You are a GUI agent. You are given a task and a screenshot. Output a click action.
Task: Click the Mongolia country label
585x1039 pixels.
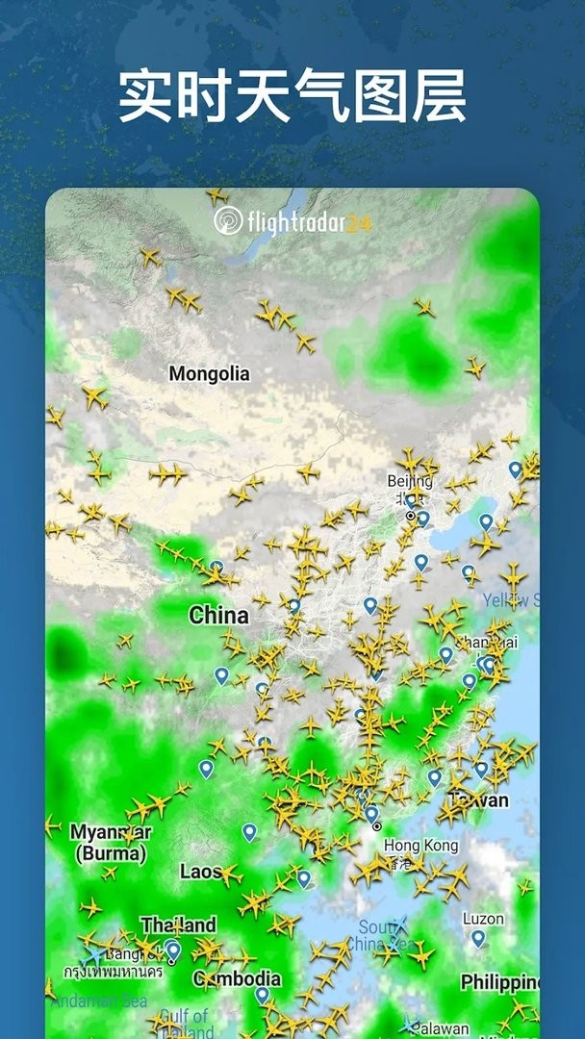pyautogui.click(x=209, y=373)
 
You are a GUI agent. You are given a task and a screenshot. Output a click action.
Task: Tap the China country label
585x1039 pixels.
pyautogui.click(x=218, y=616)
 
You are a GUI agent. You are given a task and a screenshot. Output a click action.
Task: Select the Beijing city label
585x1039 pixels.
pyautogui.click(x=410, y=481)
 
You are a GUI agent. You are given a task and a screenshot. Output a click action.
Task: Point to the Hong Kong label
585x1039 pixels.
pyautogui.click(x=421, y=846)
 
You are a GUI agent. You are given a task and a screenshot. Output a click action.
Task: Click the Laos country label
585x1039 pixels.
pyautogui.click(x=200, y=872)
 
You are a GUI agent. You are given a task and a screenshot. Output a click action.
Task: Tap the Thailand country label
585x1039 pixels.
pyautogui.click(x=178, y=925)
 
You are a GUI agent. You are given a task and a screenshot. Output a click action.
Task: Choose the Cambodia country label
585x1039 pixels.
pyautogui.click(x=238, y=979)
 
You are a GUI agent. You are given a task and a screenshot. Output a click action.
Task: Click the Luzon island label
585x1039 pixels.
pyautogui.click(x=483, y=919)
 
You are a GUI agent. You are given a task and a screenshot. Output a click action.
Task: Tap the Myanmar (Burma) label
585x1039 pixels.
pyautogui.click(x=111, y=842)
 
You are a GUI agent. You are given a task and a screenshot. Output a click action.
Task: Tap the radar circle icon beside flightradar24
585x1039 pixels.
pyautogui.click(x=228, y=220)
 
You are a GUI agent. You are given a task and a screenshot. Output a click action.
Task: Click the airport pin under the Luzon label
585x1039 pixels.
pyautogui.click(x=477, y=938)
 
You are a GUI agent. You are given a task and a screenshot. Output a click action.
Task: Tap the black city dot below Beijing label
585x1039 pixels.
pyautogui.click(x=411, y=517)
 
